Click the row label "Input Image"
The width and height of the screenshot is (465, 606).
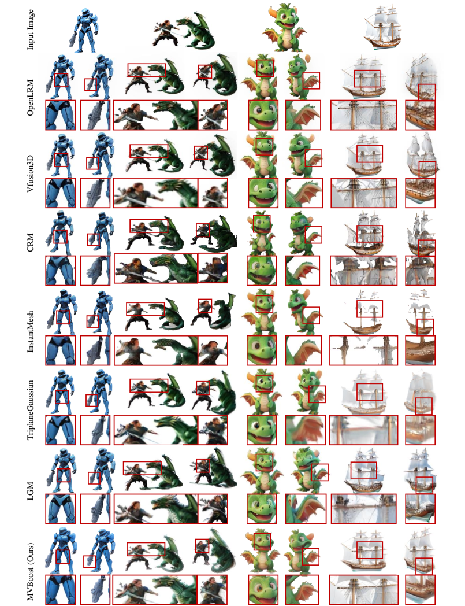(30, 29)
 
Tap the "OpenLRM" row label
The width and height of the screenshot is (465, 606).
(30, 97)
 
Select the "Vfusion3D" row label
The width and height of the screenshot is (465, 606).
(30, 173)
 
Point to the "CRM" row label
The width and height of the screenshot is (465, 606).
(30, 243)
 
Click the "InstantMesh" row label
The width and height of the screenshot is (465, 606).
(30, 331)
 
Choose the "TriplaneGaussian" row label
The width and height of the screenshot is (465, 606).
(30, 409)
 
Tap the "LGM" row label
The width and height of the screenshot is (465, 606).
(30, 491)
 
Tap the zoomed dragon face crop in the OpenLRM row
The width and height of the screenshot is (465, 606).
(263, 115)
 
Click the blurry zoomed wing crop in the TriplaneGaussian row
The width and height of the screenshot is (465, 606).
(306, 430)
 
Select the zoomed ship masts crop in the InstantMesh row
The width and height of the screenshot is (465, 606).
(363, 350)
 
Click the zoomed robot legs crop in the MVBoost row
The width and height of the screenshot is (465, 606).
(60, 590)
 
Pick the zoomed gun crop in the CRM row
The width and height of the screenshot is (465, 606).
(95, 271)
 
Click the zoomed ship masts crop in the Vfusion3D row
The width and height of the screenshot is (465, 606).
(363, 193)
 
